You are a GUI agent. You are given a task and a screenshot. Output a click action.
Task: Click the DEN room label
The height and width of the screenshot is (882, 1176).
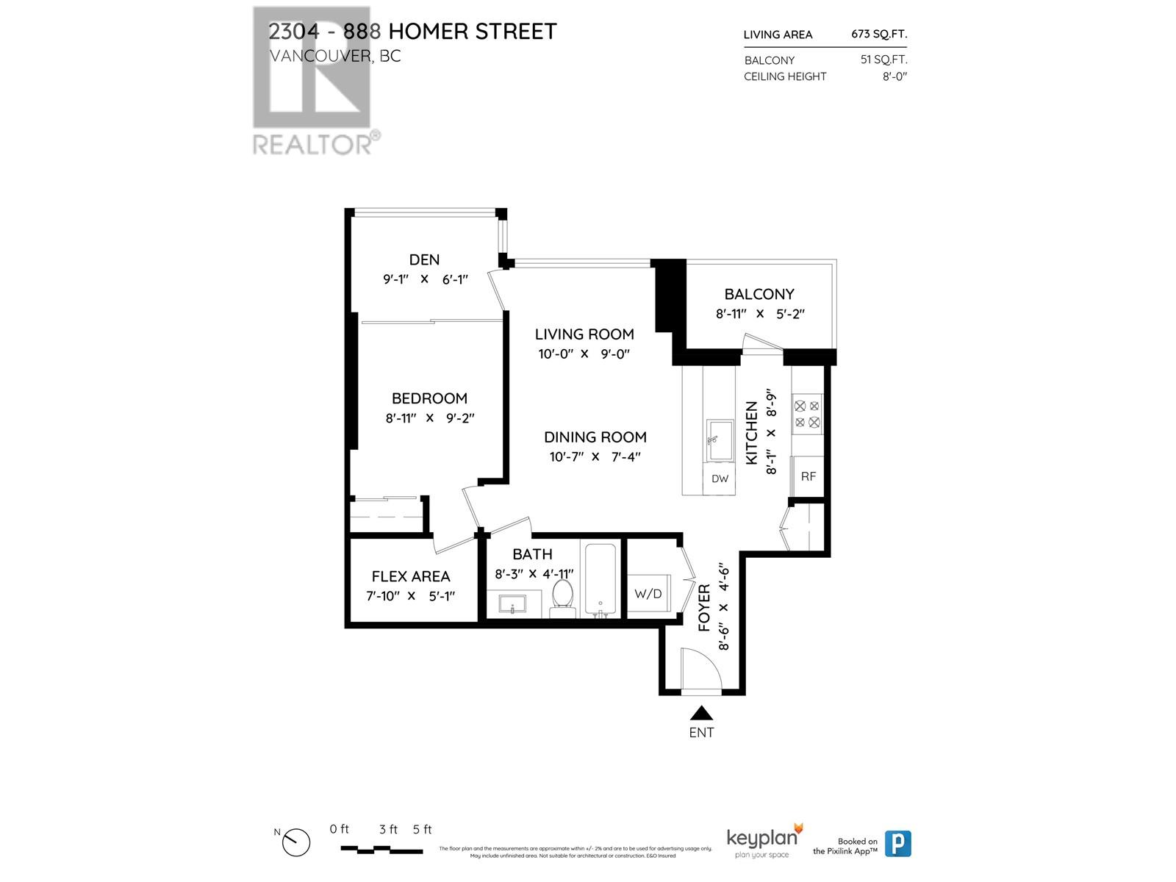[424, 259]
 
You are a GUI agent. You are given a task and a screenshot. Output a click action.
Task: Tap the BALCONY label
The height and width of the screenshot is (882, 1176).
[759, 294]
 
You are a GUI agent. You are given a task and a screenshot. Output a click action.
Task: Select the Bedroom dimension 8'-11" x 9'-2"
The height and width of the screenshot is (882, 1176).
[430, 418]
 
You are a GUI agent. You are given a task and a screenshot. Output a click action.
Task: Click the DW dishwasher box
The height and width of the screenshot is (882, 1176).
[720, 478]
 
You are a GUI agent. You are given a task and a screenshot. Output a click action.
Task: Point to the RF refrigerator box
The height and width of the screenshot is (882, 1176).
[808, 476]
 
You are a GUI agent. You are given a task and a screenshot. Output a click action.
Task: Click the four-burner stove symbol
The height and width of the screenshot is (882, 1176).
[807, 414]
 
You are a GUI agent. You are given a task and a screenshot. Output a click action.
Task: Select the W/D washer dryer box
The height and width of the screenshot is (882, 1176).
[648, 593]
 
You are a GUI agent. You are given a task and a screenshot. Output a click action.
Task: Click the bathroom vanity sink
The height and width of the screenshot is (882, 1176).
[512, 606]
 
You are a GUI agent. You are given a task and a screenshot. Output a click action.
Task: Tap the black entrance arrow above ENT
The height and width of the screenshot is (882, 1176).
[701, 713]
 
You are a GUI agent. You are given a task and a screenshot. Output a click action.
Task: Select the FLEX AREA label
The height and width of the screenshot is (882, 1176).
[410, 576]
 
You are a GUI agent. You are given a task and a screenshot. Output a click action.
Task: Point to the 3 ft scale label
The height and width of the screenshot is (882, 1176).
[388, 829]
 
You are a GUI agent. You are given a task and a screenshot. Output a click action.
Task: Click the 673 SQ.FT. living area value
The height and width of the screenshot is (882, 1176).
[879, 34]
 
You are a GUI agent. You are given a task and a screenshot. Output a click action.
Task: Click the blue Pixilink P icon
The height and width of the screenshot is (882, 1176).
[897, 843]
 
